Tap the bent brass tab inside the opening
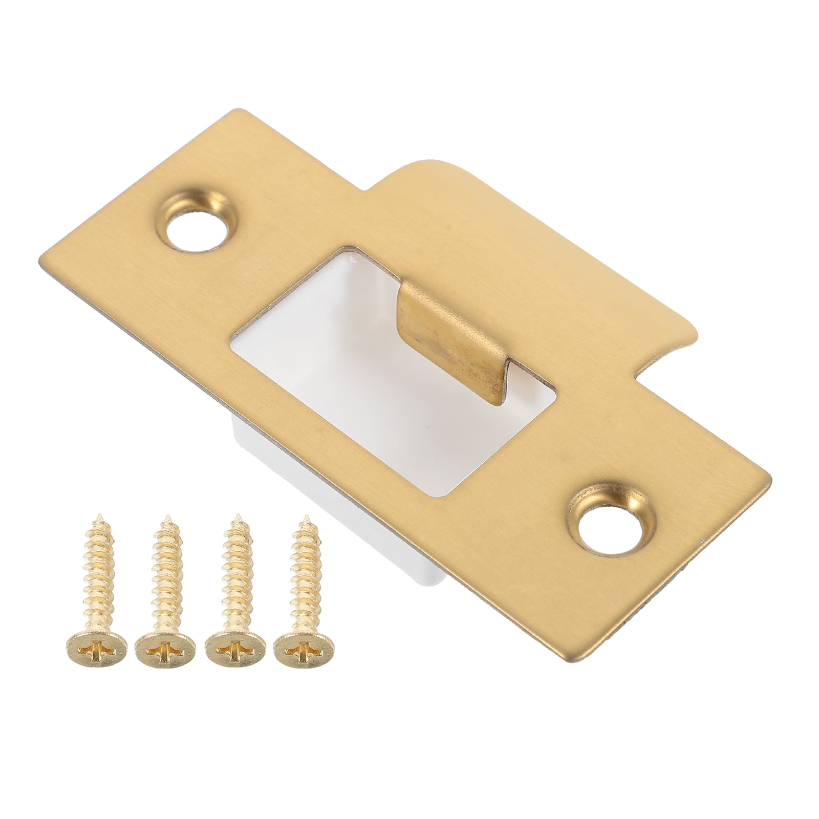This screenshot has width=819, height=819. (430, 328)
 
